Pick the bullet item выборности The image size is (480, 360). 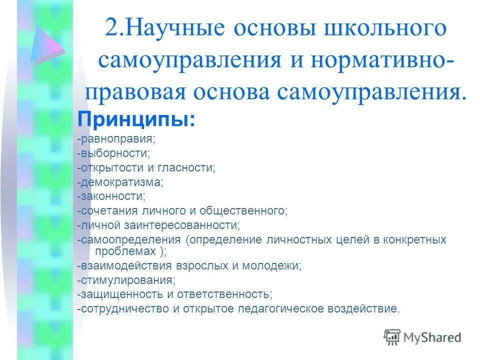tap(114, 152)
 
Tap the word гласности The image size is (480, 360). tap(190, 167)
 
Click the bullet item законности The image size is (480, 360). tap(112, 196)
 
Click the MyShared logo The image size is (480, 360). tap(422, 337)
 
